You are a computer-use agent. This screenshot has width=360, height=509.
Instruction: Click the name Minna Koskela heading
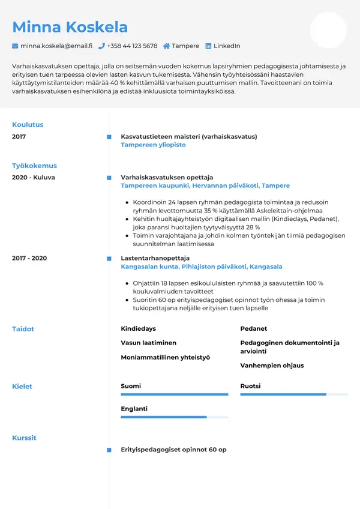pyautogui.click(x=70, y=27)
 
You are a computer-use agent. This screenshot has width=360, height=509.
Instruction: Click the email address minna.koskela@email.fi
pyautogui.click(x=56, y=46)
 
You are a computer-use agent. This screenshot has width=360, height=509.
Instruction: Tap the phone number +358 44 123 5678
pyautogui.click(x=132, y=46)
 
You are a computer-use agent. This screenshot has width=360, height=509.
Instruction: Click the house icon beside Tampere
pyautogui.click(x=166, y=46)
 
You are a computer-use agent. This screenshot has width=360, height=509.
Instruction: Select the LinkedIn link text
pyautogui.click(x=227, y=46)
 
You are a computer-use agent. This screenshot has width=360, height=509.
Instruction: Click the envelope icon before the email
pyautogui.click(x=15, y=46)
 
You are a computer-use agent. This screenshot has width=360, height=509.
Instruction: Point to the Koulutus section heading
pyautogui.click(x=28, y=125)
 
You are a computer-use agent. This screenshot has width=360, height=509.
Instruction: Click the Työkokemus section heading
pyautogui.click(x=34, y=166)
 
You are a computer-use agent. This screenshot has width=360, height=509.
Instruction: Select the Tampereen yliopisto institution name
pyautogui.click(x=153, y=145)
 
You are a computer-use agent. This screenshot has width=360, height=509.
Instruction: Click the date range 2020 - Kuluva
pyautogui.click(x=34, y=178)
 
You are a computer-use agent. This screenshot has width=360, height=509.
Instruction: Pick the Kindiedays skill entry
pyautogui.click(x=138, y=329)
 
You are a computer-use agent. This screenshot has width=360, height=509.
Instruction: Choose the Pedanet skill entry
pyautogui.click(x=253, y=329)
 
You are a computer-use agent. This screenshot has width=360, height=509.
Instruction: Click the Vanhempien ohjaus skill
pyautogui.click(x=272, y=365)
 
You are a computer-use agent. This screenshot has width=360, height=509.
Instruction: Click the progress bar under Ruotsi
pyautogui.click(x=294, y=394)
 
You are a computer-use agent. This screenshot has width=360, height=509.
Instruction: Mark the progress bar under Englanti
pyautogui.click(x=174, y=417)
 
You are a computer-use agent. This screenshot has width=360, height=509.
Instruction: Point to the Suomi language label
pyautogui.click(x=131, y=386)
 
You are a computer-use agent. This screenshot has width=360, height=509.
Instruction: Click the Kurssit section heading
pyautogui.click(x=24, y=438)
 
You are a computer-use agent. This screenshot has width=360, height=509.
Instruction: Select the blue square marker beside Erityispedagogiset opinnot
pyautogui.click(x=109, y=450)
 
